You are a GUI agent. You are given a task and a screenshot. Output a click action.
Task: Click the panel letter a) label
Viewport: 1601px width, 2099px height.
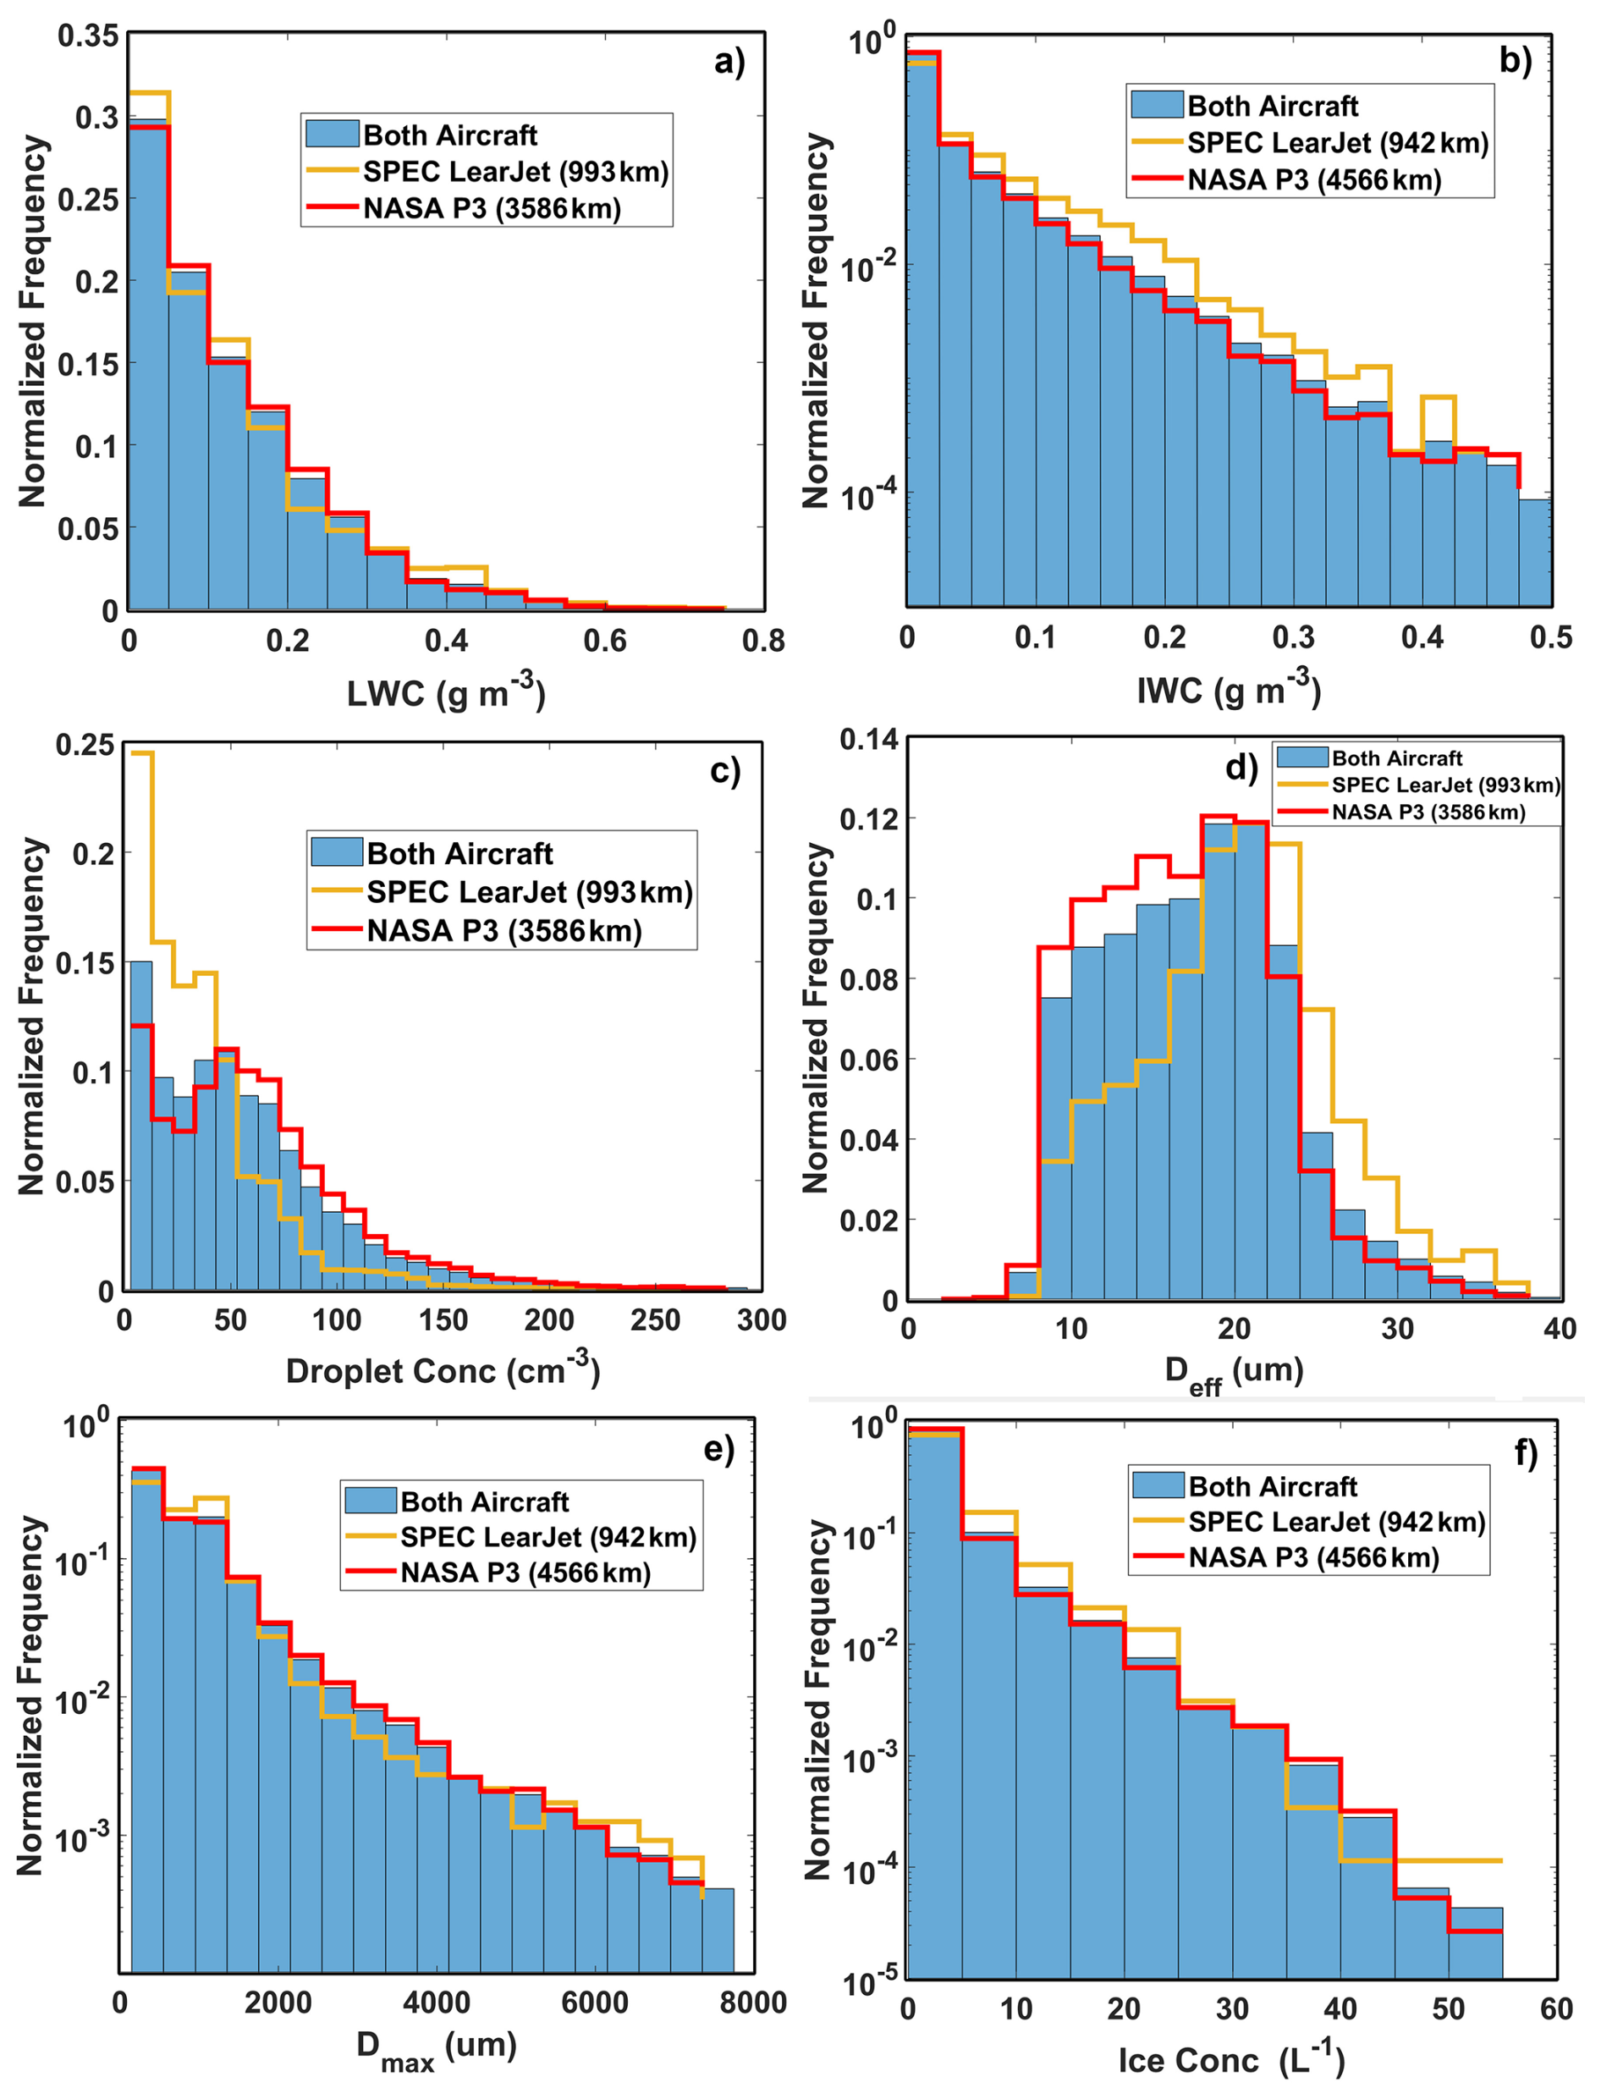(729, 62)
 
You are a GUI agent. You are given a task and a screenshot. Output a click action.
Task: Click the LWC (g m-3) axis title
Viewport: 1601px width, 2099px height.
(446, 693)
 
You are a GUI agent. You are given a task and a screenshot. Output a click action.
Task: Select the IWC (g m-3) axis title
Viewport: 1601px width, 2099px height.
(1229, 689)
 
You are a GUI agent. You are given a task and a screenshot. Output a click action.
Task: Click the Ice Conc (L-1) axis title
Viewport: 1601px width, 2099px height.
(1230, 2059)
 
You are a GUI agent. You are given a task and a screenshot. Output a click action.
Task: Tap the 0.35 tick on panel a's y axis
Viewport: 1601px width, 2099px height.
(89, 36)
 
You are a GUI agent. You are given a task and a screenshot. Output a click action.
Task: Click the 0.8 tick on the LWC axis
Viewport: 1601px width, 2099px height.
(763, 641)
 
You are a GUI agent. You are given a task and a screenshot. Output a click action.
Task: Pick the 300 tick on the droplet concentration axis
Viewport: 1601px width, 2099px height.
(762, 1320)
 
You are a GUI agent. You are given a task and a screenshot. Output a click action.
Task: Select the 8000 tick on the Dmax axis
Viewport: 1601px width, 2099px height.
(753, 2002)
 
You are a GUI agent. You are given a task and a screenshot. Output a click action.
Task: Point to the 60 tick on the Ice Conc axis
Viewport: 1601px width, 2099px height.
(1555, 2008)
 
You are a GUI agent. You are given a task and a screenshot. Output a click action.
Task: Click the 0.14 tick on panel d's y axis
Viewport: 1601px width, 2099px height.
(868, 740)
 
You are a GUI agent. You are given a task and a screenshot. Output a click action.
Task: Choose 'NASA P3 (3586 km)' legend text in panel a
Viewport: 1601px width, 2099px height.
(492, 209)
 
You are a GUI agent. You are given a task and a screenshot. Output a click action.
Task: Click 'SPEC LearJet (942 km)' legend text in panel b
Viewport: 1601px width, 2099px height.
(1337, 144)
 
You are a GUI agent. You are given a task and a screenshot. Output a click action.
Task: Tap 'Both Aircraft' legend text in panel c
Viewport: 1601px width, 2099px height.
(459, 853)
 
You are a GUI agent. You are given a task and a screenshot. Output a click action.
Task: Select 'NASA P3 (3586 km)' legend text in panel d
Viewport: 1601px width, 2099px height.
(1428, 813)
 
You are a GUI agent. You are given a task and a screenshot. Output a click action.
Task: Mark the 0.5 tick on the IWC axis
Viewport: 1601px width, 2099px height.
(1550, 636)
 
